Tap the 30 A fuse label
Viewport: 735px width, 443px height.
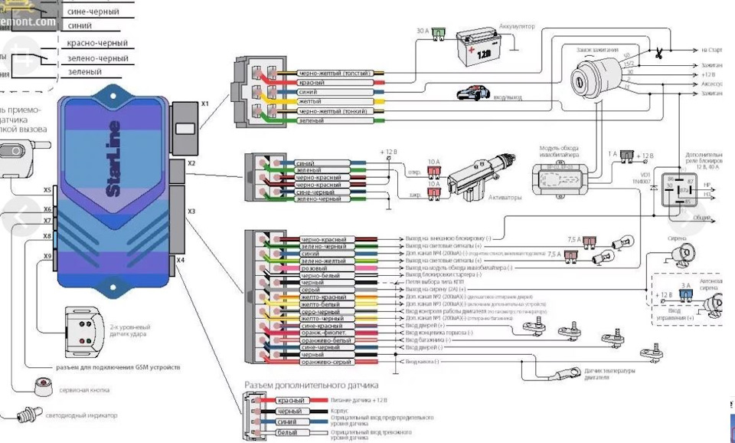tap(423, 31)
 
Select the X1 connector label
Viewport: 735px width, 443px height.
tap(204, 103)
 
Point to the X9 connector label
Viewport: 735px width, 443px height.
tap(47, 256)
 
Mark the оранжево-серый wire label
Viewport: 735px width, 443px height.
tap(312, 363)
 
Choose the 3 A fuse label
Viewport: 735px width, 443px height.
tap(687, 284)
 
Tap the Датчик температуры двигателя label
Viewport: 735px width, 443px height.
tap(609, 373)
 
